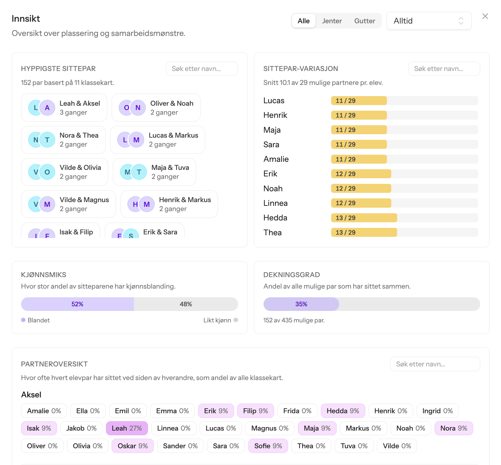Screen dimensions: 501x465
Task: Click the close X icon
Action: tap(485, 16)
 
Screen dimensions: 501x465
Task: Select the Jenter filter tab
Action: tap(332, 21)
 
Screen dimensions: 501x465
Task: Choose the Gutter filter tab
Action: tap(365, 21)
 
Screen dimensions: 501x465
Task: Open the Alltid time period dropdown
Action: tap(429, 21)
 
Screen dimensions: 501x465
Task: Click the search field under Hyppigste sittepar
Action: tap(202, 69)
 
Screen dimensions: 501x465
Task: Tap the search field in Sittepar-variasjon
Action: tap(444, 69)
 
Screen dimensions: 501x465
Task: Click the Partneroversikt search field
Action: tap(435, 364)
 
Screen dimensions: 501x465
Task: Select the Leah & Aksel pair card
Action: tap(64, 108)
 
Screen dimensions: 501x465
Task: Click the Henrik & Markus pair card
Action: tap(169, 204)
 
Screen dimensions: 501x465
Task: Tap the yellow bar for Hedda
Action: tap(364, 218)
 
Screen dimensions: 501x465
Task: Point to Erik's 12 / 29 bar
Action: tap(361, 174)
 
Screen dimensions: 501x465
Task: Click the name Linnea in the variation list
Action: tap(276, 203)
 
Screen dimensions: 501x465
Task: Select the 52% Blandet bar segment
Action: tap(78, 304)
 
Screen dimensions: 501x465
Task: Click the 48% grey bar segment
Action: tap(186, 304)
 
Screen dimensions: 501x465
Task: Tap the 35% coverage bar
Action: tap(301, 304)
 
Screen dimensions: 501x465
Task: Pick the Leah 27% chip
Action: tap(127, 428)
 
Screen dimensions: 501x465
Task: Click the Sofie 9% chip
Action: tap(268, 446)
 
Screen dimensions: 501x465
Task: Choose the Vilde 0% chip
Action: tap(397, 446)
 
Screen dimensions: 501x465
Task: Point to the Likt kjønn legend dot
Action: tap(236, 320)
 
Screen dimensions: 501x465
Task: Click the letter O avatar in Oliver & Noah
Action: tap(126, 108)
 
